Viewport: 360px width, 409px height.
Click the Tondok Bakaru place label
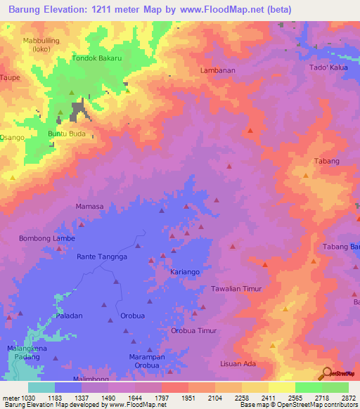[x=98, y=58]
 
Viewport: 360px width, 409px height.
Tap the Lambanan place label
[x=217, y=71]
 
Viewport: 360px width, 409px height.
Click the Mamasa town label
[x=89, y=207]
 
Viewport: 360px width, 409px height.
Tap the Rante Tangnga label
[x=102, y=257]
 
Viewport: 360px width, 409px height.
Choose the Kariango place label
[x=186, y=271]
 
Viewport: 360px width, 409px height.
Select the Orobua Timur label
[x=194, y=330]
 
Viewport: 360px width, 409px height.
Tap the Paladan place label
[x=70, y=316]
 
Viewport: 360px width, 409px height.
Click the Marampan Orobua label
[x=147, y=361]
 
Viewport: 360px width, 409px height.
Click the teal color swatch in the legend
[x=41, y=387]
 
